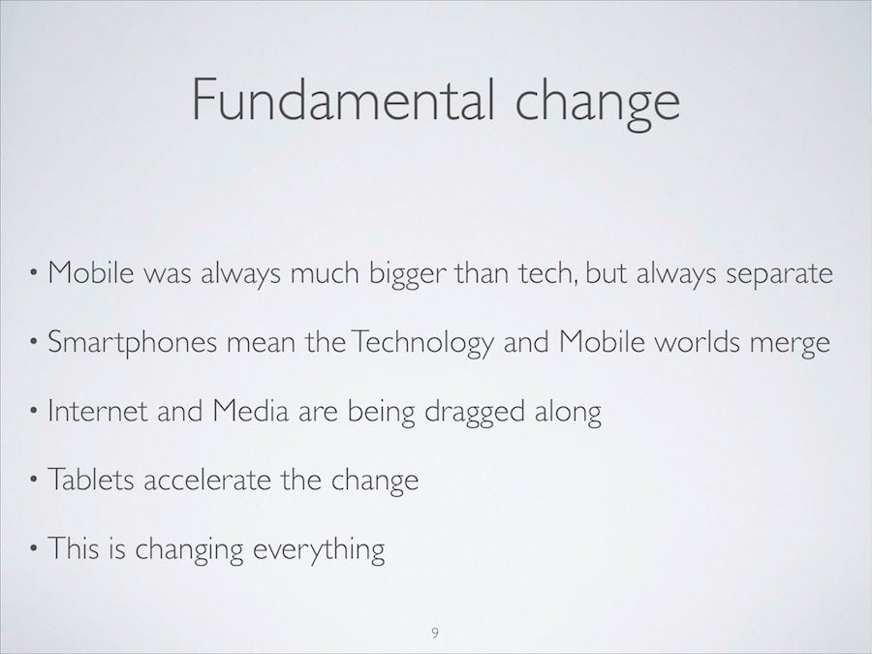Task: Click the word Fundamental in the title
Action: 343,100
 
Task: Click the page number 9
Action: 435,633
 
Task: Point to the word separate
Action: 780,274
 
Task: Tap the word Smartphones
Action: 133,342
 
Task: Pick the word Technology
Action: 422,342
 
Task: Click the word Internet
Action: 98,411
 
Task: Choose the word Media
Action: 251,411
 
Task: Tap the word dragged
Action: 475,413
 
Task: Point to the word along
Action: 568,413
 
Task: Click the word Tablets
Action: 91,480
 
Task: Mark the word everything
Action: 319,549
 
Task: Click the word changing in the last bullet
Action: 189,549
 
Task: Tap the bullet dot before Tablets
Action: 34,480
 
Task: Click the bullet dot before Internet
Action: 34,411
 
